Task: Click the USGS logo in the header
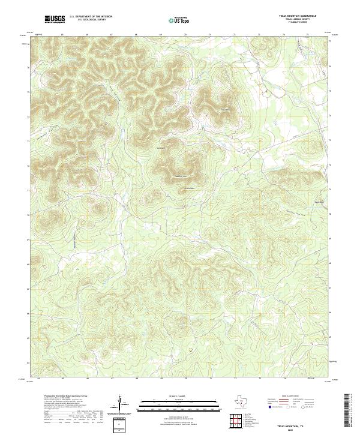(55, 20)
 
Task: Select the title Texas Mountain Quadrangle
(297, 16)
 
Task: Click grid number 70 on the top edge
(186, 35)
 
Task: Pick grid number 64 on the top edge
(38, 35)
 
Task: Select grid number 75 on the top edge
(308, 35)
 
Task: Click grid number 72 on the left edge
(28, 165)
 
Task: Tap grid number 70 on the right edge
(331, 214)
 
